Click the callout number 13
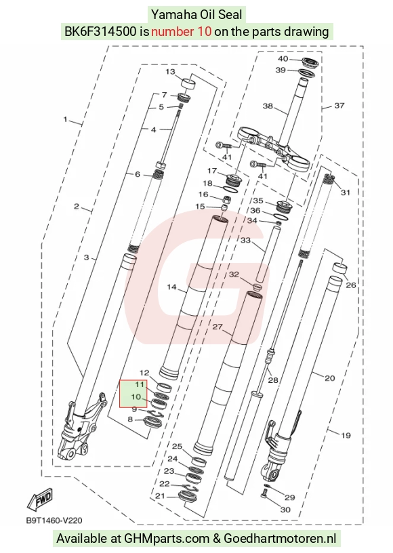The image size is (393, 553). pos(170,72)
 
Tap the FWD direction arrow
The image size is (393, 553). pos(40,499)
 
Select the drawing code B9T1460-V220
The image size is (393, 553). pos(54,520)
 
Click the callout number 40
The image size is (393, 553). pos(283,59)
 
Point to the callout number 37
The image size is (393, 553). pos(339,105)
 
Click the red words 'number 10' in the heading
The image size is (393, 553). pos(181,31)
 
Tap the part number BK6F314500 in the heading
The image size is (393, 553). pos(100,31)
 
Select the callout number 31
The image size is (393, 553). pos(346,192)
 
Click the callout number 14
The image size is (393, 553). pos(171,287)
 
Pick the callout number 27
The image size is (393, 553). pos(218,327)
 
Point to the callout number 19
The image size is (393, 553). pos(346,435)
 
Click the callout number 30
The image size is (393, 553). pos(285,510)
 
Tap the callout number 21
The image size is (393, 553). pos(160,496)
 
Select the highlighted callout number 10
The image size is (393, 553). pos(136,396)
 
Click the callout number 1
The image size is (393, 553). pos(65,119)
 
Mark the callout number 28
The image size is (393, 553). pos(273,380)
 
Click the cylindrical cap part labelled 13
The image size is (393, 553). pos(188,86)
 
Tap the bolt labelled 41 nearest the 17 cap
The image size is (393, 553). pos(223,145)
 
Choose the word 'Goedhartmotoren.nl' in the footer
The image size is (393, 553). pos(280,539)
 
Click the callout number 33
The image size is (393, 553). pos(245,240)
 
